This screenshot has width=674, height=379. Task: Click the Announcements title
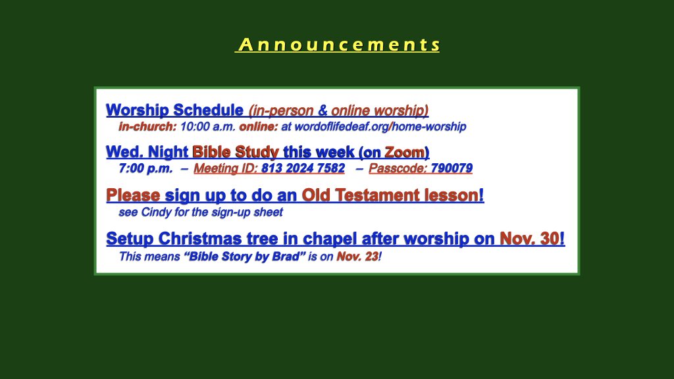[x=337, y=45]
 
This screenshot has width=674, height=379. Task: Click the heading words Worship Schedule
[x=174, y=110]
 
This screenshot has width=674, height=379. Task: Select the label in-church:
[x=147, y=126]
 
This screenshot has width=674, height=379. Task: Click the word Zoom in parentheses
[x=404, y=152]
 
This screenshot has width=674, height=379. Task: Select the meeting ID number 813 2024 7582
[x=303, y=168]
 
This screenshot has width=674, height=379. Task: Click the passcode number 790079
[x=452, y=168]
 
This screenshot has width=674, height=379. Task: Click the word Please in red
[x=133, y=195]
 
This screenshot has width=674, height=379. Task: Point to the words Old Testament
[x=358, y=195]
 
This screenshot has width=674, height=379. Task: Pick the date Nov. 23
[x=357, y=256]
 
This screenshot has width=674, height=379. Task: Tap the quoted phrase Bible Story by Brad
[x=244, y=256]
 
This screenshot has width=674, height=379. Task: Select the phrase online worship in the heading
[x=379, y=110]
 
